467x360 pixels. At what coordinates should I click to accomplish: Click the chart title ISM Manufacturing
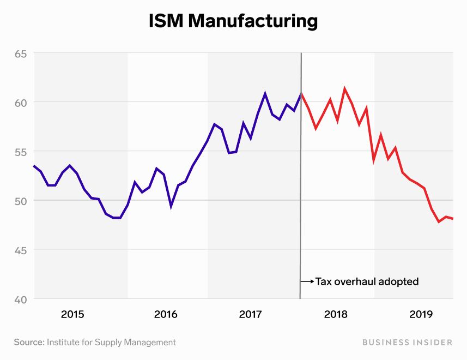pos(233,21)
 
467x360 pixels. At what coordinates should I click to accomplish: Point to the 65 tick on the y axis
pos(21,53)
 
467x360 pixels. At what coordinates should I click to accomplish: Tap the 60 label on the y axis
pos(21,103)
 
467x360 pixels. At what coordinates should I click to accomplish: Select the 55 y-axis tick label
pos(21,152)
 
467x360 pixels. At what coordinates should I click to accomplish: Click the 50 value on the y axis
pos(21,201)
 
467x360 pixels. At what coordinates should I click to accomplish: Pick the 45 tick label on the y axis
pos(21,250)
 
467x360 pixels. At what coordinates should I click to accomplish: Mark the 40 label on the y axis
pos(21,299)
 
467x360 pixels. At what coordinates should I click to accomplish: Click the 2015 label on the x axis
pos(72,315)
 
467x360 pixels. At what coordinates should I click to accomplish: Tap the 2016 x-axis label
pos(166,315)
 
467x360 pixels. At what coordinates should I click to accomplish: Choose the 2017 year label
pos(251,315)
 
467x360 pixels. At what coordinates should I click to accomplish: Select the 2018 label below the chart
pos(336,315)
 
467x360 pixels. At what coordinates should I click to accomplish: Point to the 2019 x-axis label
pos(421,315)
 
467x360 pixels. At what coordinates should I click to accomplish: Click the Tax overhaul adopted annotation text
pos(367,282)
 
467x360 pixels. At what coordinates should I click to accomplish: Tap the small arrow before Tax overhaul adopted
pos(308,282)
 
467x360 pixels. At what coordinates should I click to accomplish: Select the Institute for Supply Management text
pos(111,343)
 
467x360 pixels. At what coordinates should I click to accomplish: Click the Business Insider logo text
pos(406,343)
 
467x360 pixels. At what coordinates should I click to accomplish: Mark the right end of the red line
pos(453,219)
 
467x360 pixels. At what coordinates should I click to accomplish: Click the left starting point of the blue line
pos(34,166)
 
